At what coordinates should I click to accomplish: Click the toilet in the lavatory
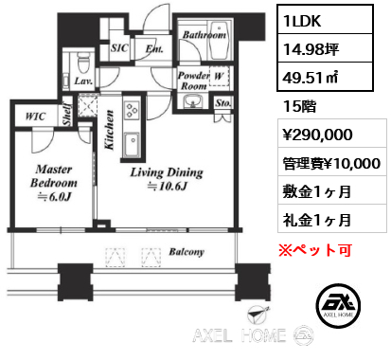[x=83, y=63]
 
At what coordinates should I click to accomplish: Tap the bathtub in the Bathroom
[x=220, y=41]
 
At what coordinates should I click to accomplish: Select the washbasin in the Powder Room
[x=193, y=101]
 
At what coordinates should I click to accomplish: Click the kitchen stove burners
[x=132, y=110]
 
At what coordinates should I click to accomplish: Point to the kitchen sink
[x=132, y=144]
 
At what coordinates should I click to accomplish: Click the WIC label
[x=35, y=117]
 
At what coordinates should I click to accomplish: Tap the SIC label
[x=119, y=48]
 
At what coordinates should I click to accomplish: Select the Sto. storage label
[x=223, y=102]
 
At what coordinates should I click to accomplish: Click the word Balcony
[x=187, y=252]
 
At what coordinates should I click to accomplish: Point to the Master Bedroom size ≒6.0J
[x=54, y=197]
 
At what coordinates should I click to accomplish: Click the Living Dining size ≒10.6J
[x=167, y=187]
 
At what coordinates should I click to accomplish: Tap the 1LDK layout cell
[x=325, y=20]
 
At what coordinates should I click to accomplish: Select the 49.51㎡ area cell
[x=325, y=77]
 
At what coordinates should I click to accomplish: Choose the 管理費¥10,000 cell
[x=332, y=162]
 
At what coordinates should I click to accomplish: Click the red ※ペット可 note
[x=315, y=250]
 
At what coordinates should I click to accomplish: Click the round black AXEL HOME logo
[x=338, y=305]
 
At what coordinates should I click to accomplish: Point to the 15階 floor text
[x=299, y=106]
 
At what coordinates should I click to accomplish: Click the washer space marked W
[x=219, y=76]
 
